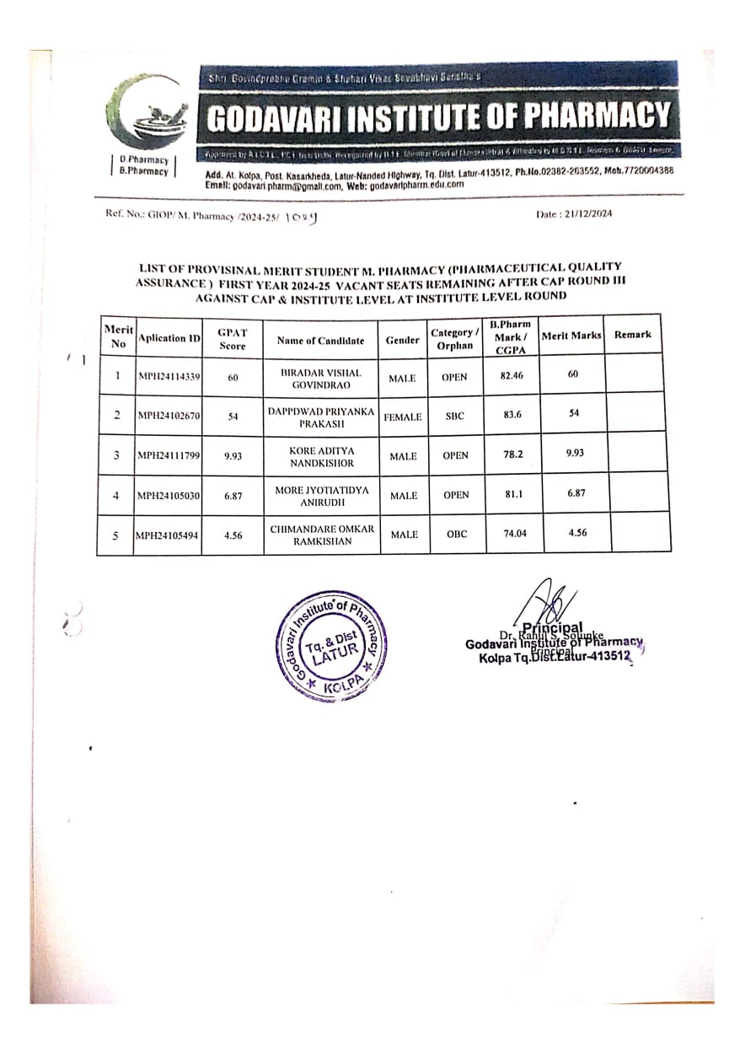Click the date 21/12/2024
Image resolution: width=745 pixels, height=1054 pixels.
[575, 213]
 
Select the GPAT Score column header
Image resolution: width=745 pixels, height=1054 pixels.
[233, 339]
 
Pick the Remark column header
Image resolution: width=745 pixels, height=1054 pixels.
[632, 335]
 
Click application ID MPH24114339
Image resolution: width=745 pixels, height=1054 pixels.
[169, 377]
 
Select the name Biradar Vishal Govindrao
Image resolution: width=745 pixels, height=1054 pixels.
[320, 378]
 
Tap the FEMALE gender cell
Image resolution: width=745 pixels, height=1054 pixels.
[403, 417]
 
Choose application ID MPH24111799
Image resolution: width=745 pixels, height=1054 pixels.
[169, 456]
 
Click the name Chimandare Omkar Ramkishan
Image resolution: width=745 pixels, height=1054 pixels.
[320, 535]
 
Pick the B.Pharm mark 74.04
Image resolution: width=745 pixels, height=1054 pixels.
[512, 533]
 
